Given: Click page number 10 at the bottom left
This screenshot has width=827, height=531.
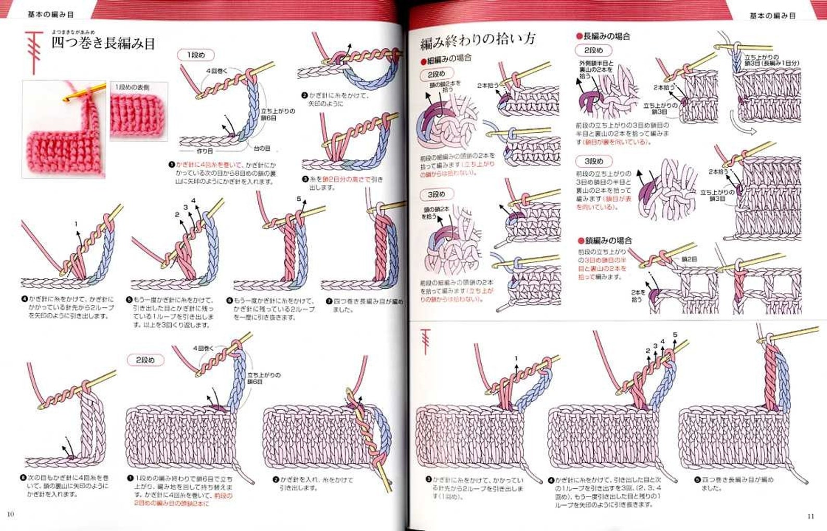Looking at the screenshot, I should point(11,514).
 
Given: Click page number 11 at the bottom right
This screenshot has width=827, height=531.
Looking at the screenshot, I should point(810,516).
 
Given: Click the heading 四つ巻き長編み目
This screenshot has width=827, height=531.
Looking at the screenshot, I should point(103,43).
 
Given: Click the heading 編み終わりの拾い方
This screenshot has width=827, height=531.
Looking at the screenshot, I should point(478,40).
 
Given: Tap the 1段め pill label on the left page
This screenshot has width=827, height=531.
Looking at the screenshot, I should point(196,55).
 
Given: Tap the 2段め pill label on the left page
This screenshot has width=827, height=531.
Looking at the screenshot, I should point(145,360).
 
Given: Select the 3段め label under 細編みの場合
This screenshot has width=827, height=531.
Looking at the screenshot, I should point(436,194).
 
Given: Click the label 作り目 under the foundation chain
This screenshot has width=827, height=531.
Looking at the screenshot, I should point(205,151).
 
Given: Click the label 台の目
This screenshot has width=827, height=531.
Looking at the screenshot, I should point(262,149).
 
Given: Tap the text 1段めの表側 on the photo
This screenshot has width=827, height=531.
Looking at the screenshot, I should point(132,88).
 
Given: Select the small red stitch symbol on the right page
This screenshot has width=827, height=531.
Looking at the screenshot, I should point(426,341).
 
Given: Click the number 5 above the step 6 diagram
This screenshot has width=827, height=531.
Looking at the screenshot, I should point(299,199).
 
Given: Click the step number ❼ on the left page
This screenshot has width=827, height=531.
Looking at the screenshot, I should point(329,301).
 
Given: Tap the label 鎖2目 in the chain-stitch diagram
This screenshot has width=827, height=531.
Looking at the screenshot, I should point(689,258).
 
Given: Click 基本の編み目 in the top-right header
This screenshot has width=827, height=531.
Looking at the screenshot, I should point(772,16).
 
